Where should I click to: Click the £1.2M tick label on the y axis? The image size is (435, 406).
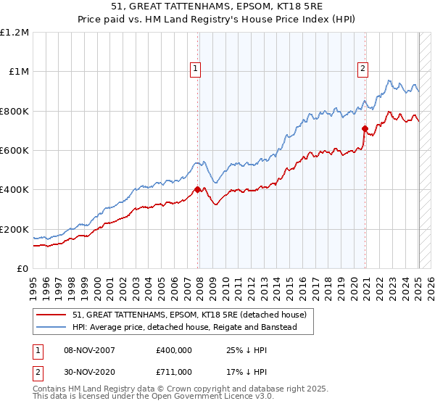[14, 32]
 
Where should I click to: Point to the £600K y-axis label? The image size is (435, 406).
[14, 150]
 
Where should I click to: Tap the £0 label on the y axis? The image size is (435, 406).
[22, 268]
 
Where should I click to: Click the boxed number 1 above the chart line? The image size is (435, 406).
[196, 70]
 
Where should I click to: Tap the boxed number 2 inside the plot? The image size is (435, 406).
[362, 70]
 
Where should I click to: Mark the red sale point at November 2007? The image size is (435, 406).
[198, 190]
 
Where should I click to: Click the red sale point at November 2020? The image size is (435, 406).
[365, 129]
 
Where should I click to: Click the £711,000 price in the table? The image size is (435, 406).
[174, 372]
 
